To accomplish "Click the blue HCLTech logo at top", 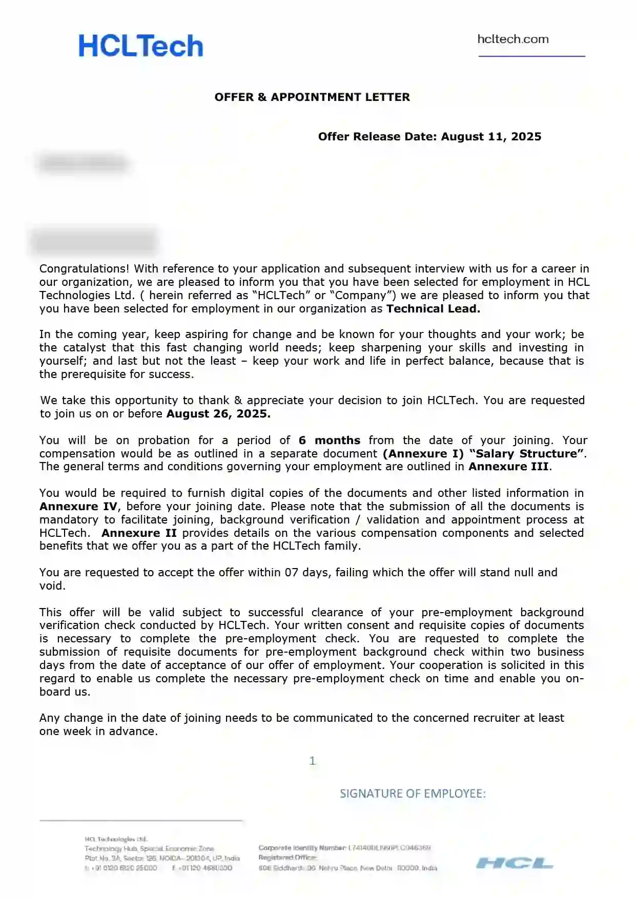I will tap(141, 46).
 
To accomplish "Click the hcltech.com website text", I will tap(512, 39).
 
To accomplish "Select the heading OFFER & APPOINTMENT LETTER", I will tap(312, 97).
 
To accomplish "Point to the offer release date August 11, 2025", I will tap(491, 137).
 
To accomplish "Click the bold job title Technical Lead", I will tap(433, 309).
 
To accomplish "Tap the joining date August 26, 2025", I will tap(218, 414).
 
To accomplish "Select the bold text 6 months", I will tap(330, 441).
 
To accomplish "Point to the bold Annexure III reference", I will tap(508, 467).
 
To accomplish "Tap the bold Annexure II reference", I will tap(139, 533).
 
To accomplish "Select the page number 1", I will tap(312, 761).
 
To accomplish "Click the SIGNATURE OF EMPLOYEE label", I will tap(413, 794).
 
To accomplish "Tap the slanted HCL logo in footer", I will tap(515, 864).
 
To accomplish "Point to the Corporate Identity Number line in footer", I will tap(344, 848).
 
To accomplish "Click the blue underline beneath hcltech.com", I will tap(531, 56).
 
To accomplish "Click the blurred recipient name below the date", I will tap(84, 163).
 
